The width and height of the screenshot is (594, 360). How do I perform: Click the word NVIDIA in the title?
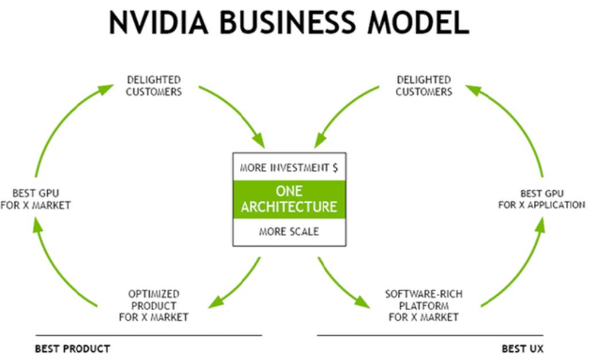click(158, 22)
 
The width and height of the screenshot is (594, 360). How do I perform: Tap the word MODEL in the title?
click(418, 22)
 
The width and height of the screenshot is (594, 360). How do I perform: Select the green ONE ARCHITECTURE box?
click(289, 199)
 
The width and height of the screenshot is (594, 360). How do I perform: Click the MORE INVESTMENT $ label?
click(289, 168)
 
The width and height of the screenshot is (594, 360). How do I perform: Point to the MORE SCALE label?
click(289, 231)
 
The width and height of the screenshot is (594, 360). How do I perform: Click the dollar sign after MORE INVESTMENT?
click(335, 168)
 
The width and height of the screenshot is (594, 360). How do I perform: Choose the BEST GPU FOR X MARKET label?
click(36, 199)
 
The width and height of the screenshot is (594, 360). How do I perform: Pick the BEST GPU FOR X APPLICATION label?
click(542, 199)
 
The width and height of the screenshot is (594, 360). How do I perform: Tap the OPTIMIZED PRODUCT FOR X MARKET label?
click(153, 305)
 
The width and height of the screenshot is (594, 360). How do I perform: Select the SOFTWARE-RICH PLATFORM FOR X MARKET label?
click(424, 305)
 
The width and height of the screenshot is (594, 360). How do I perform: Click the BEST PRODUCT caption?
click(73, 349)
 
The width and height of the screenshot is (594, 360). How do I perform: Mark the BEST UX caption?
click(522, 349)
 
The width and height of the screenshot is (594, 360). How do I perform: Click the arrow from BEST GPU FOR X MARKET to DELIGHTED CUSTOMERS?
click(61, 121)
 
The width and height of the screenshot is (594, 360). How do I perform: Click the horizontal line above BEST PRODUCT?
click(149, 335)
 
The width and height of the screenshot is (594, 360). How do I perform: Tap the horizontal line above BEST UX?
click(430, 335)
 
